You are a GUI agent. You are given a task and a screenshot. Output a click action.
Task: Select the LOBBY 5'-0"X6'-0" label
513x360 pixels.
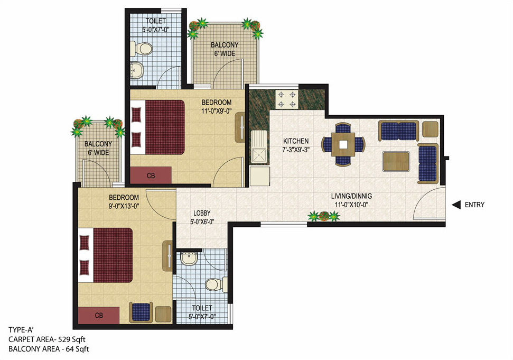pos(202,217)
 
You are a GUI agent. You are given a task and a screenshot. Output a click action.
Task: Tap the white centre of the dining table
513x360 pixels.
pos(343,143)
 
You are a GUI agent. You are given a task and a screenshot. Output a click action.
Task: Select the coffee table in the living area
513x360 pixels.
pos(396,161)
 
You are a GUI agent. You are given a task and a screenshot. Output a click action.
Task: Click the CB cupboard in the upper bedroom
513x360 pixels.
pos(151,175)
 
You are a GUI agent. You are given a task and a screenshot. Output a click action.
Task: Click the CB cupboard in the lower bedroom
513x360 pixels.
pos(99,315)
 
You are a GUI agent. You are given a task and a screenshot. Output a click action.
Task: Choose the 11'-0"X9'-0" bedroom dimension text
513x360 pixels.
pos(216,111)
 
